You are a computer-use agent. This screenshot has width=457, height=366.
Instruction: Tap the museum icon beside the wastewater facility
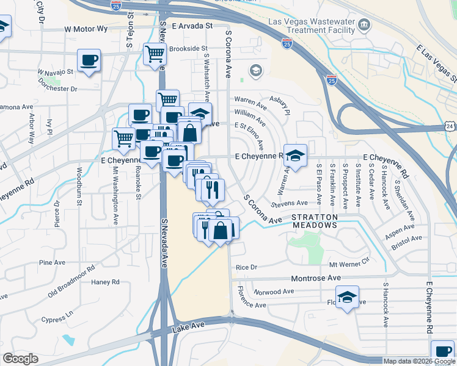pos(365,25)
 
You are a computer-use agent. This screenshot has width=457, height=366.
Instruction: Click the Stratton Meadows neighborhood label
pos(314,221)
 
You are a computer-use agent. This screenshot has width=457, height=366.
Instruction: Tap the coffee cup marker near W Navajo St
pos(89,61)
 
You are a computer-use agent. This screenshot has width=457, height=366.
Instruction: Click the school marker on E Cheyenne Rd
pos(296,156)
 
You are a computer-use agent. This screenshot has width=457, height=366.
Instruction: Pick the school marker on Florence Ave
pos(348,298)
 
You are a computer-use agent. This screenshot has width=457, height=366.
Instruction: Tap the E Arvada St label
pos(191,26)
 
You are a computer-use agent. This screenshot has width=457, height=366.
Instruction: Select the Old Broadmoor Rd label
pos(71,282)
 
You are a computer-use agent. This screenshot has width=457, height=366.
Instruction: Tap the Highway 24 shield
pos(450,126)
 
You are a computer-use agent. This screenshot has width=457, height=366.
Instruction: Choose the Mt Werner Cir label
pos(349,265)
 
